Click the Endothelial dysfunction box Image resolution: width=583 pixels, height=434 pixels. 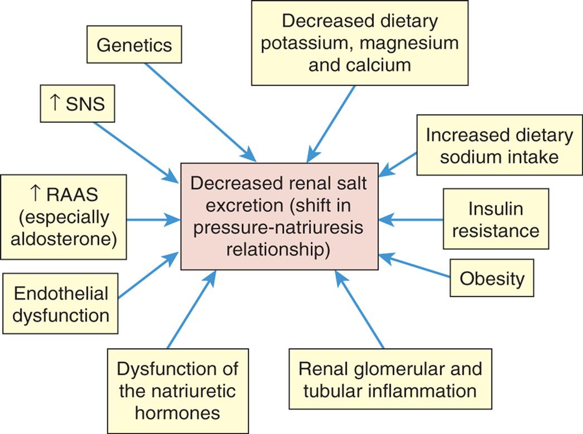(x=61, y=304)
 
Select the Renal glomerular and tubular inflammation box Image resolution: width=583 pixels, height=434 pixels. (x=390, y=379)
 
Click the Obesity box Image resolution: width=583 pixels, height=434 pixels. (x=491, y=278)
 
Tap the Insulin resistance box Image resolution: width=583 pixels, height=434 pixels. (x=496, y=219)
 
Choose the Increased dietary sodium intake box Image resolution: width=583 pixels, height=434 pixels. (x=499, y=146)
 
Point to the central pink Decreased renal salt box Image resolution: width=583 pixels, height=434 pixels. (x=280, y=217)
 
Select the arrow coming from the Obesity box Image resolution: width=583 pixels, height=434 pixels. (x=415, y=266)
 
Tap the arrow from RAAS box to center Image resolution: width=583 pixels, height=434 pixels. (x=151, y=220)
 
